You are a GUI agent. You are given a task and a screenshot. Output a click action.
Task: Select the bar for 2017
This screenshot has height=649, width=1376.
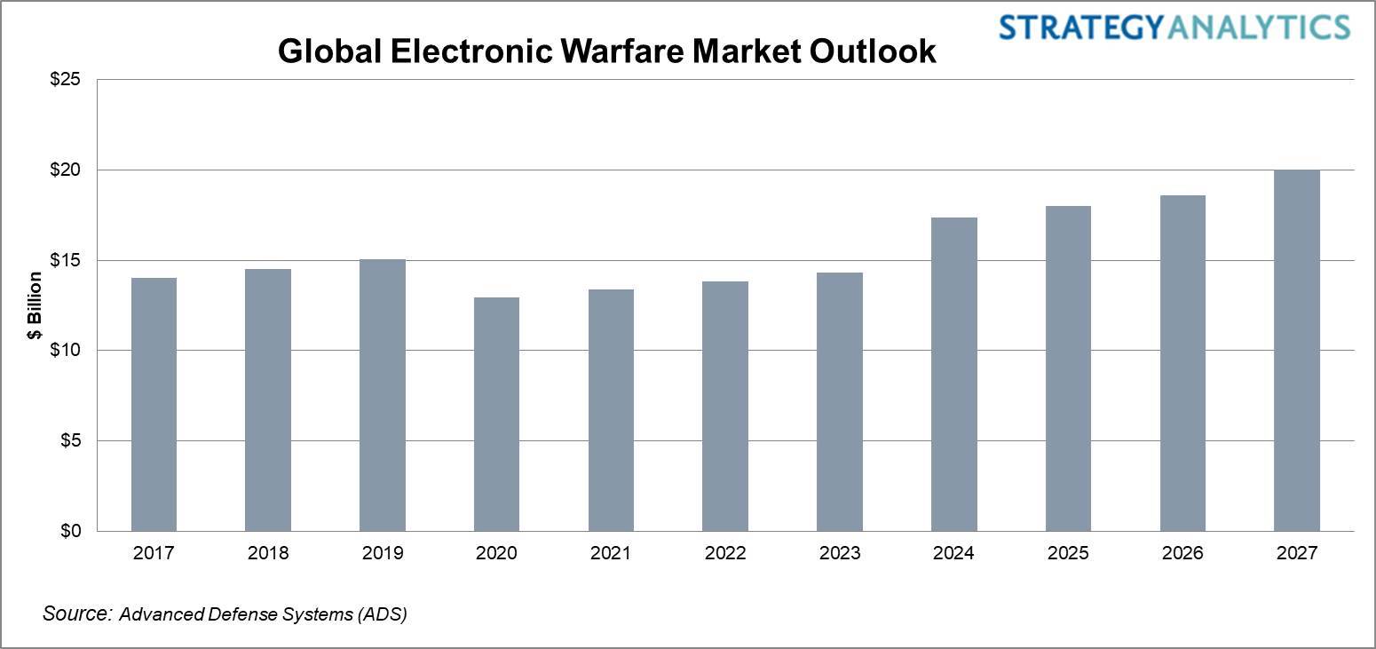(154, 404)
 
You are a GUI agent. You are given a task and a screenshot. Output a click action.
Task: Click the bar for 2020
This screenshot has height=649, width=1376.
(496, 414)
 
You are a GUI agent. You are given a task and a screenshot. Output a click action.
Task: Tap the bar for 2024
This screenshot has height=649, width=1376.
(953, 374)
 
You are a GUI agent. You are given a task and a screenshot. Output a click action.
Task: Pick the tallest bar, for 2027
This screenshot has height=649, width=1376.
(1296, 351)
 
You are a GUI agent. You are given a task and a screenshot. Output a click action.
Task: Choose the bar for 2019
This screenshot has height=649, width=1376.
(383, 395)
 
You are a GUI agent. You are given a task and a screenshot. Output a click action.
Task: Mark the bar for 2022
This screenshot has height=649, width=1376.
(725, 406)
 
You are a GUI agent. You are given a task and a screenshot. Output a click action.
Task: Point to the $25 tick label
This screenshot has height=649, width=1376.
(64, 80)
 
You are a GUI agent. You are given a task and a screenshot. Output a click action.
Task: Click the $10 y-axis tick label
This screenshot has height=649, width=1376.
(64, 351)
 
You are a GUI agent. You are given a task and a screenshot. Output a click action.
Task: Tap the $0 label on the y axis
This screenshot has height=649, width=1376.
(68, 531)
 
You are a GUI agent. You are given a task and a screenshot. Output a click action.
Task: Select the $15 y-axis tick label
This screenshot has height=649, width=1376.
(64, 260)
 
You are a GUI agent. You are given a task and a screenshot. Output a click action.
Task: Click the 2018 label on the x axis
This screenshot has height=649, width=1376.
(268, 553)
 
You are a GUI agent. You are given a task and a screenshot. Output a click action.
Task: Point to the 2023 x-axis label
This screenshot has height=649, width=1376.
(840, 553)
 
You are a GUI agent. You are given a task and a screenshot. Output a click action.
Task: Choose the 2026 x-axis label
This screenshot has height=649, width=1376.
(1182, 553)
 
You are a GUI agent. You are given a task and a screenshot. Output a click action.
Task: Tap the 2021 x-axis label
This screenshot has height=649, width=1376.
(611, 553)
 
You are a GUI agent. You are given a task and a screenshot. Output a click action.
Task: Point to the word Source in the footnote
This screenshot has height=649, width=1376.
(76, 613)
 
